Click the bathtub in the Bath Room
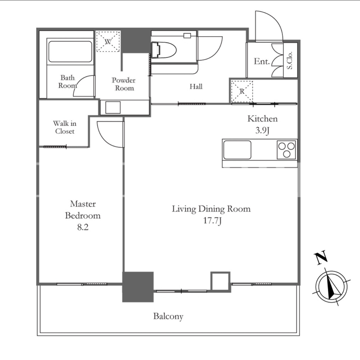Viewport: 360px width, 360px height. tap(70, 52)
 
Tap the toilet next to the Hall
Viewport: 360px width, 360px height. tap(164, 50)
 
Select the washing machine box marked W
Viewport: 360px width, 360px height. tap(108, 41)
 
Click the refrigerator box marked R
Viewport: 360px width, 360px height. tap(242, 91)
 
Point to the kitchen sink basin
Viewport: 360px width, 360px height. tap(237, 150)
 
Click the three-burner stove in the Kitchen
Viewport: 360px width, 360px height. tap(286, 150)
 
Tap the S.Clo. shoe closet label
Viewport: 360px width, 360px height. tap(290, 60)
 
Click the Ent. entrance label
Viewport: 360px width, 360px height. tap(262, 61)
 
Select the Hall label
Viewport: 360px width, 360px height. tap(196, 87)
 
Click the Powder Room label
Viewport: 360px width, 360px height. tap(124, 84)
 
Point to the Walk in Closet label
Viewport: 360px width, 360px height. tap(65, 127)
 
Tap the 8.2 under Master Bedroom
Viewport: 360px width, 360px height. tap(83, 227)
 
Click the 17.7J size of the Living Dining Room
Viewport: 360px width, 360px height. tap(212, 221)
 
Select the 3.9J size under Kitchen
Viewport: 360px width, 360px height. tap(262, 131)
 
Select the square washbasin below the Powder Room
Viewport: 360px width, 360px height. tap(113, 107)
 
